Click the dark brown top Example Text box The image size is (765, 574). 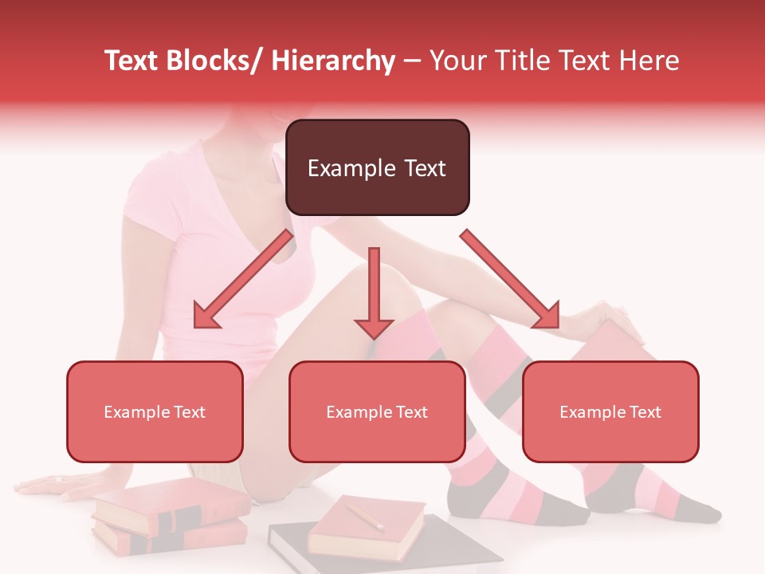pyautogui.click(x=377, y=167)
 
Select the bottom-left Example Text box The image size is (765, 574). pyautogui.click(x=155, y=411)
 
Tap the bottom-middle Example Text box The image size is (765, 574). pyautogui.click(x=377, y=411)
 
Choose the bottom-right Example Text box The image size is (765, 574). pyautogui.click(x=610, y=411)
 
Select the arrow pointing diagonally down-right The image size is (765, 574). pyautogui.click(x=511, y=279)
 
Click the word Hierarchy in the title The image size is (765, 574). pyautogui.click(x=333, y=61)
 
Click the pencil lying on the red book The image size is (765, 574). pyautogui.click(x=364, y=515)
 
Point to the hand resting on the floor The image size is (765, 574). pyautogui.click(x=52, y=483)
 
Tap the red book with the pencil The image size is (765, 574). pyautogui.click(x=367, y=530)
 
